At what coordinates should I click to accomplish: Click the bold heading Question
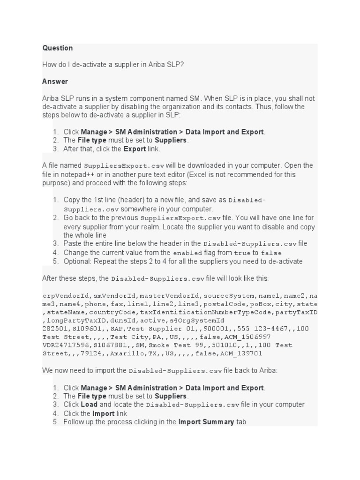coord(57,48)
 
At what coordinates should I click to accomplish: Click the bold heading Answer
coord(55,82)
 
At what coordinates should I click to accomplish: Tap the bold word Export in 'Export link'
coord(135,149)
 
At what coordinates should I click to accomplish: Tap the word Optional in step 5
coord(76,262)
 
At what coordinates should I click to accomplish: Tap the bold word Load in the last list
coord(89,405)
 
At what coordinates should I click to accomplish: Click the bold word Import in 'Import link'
coord(104,413)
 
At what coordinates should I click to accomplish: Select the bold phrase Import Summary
coord(206,422)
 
